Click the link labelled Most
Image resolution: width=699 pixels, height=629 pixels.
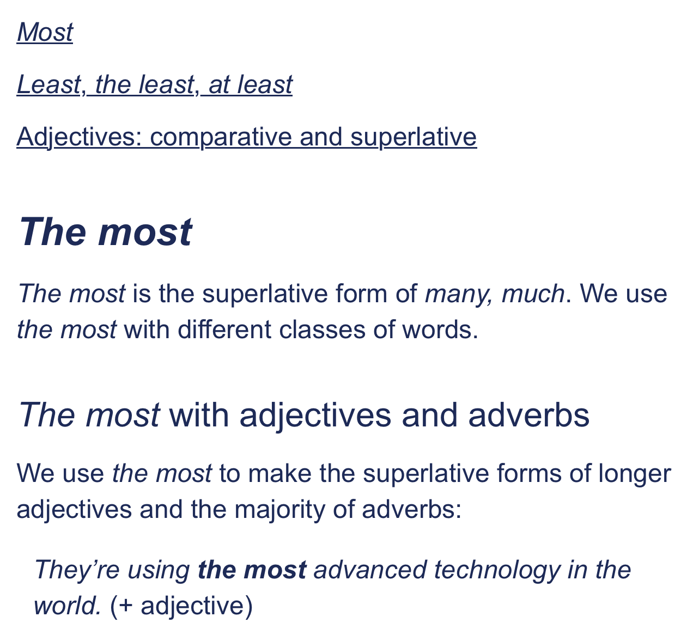pos(45,33)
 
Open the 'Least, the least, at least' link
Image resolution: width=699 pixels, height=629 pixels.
pos(155,84)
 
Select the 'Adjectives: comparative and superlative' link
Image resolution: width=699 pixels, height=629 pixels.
pos(247,137)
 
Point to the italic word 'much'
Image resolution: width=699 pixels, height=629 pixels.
pos(533,294)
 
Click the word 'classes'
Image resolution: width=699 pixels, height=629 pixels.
pos(322,329)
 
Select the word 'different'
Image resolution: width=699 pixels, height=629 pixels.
pos(224,329)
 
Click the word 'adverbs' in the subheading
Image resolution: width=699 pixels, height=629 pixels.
pos(528,415)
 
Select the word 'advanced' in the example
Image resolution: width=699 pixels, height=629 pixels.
pos(370,570)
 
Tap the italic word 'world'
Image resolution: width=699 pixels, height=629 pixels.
pos(68,606)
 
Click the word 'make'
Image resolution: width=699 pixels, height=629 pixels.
pos(280,474)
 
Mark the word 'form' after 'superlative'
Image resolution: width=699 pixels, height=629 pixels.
pos(361,294)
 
